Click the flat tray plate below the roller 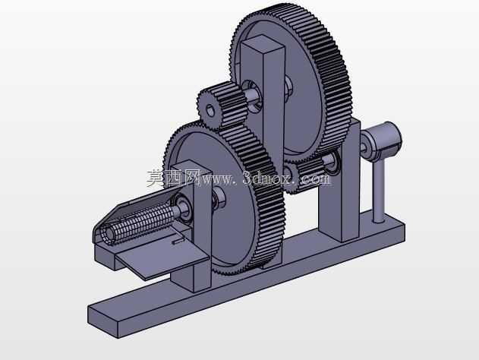[x=162, y=256]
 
